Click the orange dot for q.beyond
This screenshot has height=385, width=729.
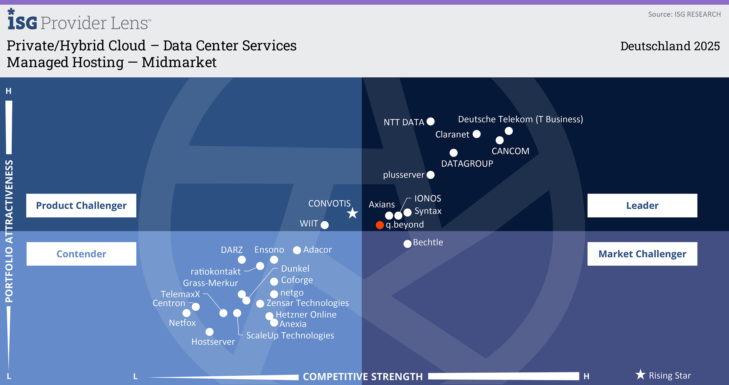click(380, 225)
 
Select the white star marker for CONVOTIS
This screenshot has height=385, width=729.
click(353, 213)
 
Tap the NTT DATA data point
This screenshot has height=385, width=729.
click(430, 122)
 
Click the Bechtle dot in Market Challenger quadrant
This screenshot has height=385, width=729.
click(407, 244)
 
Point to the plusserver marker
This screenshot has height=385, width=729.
click(430, 175)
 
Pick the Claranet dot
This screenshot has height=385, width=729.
click(476, 134)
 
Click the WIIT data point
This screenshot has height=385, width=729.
click(325, 225)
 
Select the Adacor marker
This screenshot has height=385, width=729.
click(297, 250)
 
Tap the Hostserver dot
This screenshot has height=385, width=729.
click(209, 332)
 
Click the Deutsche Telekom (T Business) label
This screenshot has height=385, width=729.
click(520, 119)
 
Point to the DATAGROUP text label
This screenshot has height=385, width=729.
click(467, 164)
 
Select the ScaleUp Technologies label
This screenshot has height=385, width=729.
click(290, 335)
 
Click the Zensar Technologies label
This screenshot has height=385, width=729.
click(307, 303)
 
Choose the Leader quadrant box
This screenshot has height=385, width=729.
click(642, 205)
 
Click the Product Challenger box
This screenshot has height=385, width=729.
click(81, 205)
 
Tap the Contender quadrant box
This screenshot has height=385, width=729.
click(81, 254)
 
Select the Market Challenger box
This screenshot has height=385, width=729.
click(642, 254)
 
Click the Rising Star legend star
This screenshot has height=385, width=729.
click(640, 375)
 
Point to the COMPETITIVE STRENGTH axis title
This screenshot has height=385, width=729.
click(363, 377)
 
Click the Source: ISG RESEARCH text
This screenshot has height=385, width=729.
click(684, 14)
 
